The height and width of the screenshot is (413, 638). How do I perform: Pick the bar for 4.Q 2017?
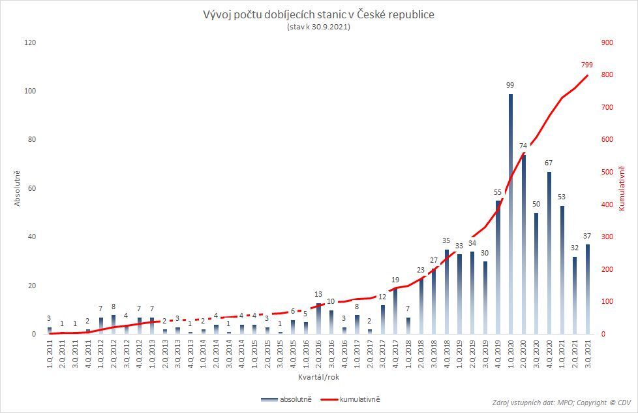pyautogui.click(x=395, y=311)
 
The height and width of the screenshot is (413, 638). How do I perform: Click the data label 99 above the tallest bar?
pyautogui.click(x=511, y=85)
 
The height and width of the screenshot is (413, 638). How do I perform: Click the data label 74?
pyautogui.click(x=524, y=146)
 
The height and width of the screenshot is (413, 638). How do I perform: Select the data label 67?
pyautogui.click(x=549, y=163)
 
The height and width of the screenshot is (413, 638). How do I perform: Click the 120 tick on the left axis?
pyautogui.click(x=30, y=43)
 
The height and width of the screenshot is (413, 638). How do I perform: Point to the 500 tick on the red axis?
pyautogui.click(x=607, y=173)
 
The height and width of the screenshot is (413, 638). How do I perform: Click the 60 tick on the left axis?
pyautogui.click(x=32, y=189)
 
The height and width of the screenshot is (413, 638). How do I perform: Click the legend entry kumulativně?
pyautogui.click(x=357, y=397)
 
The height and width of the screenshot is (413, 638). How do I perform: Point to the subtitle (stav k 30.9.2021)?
pyautogui.click(x=319, y=27)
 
